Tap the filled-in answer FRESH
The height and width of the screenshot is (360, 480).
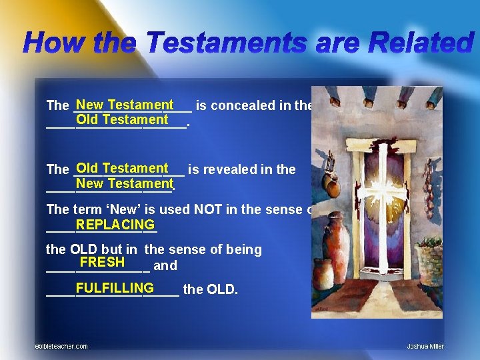click(x=102, y=262)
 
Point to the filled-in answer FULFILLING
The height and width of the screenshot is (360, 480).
click(x=115, y=288)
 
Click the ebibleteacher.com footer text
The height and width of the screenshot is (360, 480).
click(x=61, y=346)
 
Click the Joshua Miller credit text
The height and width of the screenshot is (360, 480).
click(x=425, y=346)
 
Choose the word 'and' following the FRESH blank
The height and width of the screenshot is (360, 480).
click(x=165, y=265)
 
